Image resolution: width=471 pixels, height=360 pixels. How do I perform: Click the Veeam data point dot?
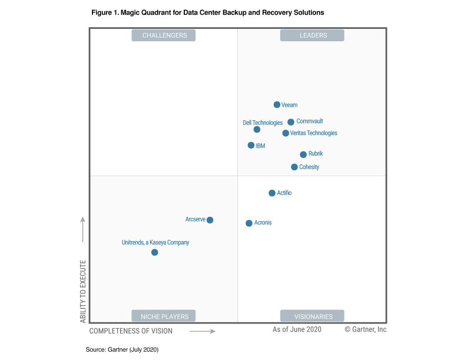pos(277,105)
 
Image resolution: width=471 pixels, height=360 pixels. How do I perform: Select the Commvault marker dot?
pos(291,122)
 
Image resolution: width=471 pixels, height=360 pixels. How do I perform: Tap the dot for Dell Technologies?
pos(257,130)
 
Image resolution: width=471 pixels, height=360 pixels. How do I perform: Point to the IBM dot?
pos(251,145)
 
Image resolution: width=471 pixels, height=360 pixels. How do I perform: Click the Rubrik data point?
pos(303,154)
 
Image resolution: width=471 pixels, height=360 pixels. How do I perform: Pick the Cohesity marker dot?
pos(294,167)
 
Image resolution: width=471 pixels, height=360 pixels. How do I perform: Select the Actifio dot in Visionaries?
pos(272,193)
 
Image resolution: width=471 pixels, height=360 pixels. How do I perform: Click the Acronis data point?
pos(249,223)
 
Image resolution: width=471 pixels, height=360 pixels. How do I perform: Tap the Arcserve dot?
pos(210,220)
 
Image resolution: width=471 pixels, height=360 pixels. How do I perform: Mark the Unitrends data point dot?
pos(154,252)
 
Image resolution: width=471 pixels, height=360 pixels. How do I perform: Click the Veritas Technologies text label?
pos(314,133)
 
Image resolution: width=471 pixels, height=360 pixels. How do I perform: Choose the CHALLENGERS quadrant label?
pos(164,35)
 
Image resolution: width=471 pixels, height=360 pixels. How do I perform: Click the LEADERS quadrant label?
pos(313,35)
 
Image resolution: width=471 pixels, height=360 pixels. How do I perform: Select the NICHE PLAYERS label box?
pos(164,316)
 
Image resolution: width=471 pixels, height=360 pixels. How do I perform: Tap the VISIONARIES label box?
pos(313,316)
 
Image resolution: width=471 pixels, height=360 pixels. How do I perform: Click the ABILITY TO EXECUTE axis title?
pos(83,291)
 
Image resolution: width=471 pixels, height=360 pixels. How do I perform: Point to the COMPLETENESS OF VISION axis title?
pos(131,331)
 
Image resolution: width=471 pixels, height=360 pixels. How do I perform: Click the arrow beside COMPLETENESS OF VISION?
pos(203,331)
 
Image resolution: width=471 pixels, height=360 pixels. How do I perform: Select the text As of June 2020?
pos(297,329)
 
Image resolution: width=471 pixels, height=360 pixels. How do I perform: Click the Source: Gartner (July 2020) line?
pos(122,349)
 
